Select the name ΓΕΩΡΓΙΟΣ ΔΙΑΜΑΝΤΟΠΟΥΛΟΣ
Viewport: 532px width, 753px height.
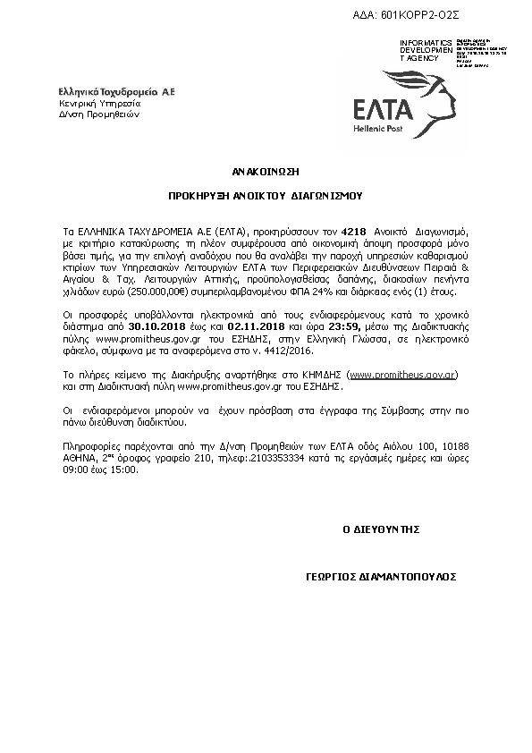pos(381,579)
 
